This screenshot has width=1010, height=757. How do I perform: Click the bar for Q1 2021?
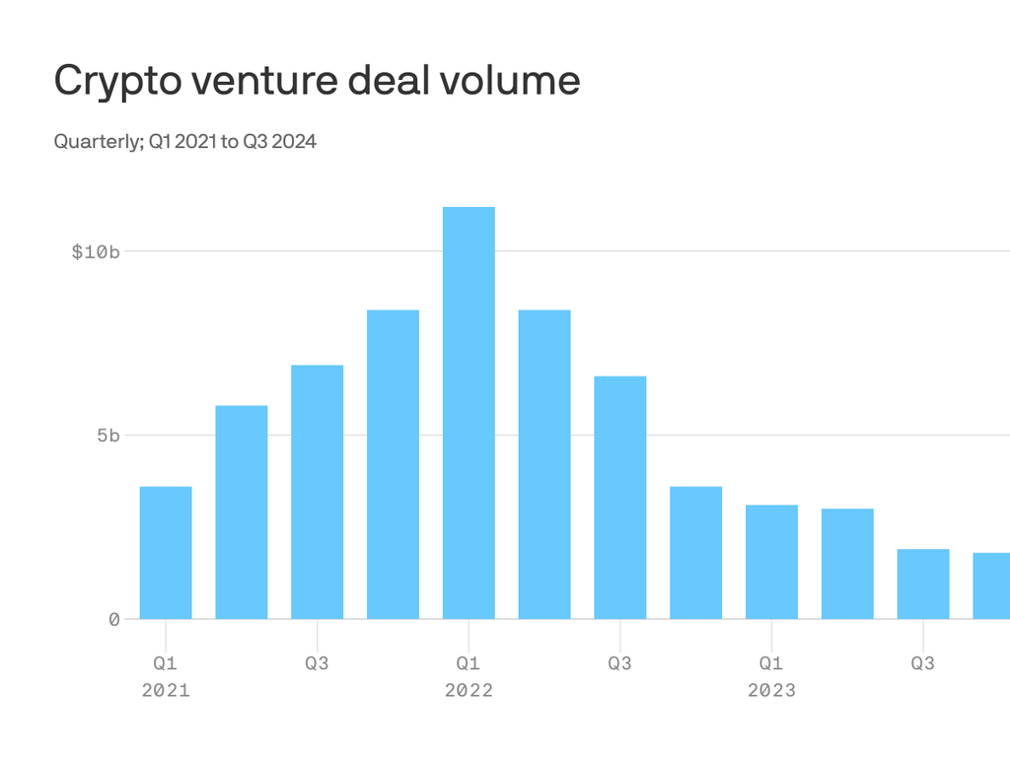tap(166, 553)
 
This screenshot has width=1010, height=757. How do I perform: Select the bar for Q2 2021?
tap(242, 513)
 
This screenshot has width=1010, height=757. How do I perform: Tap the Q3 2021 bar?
tap(318, 492)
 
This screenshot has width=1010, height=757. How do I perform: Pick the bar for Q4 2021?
tap(393, 464)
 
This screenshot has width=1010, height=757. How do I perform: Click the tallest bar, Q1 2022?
tap(469, 413)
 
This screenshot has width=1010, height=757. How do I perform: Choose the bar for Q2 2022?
tap(544, 464)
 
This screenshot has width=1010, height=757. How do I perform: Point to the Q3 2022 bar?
tap(620, 498)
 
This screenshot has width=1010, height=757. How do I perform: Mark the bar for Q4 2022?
tap(695, 553)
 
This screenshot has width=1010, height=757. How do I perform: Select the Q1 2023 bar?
tap(771, 562)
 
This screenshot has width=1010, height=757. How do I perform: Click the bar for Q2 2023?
tap(847, 564)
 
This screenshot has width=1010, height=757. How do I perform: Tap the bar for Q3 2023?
tap(923, 584)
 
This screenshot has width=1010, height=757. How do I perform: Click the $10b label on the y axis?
tap(96, 251)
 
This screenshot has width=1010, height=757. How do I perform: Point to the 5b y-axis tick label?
tap(108, 436)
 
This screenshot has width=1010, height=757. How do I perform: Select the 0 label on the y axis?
tap(114, 619)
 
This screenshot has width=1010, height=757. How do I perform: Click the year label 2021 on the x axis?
tap(166, 690)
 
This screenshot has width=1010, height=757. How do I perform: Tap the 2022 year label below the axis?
tap(469, 690)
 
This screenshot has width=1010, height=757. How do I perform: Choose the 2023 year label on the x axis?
tap(771, 690)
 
